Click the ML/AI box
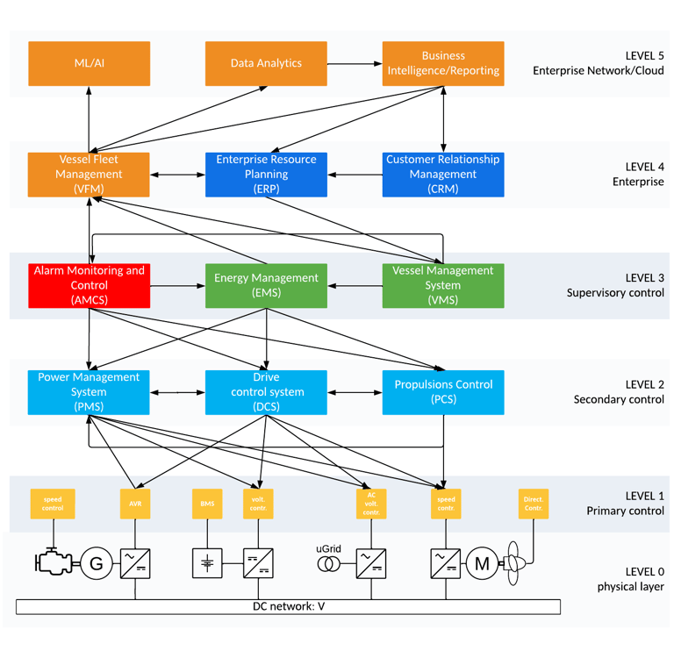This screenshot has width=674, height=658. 89,63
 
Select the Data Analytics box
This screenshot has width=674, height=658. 266,63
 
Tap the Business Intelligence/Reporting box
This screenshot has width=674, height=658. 443,63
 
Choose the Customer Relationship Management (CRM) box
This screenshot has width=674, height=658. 443,174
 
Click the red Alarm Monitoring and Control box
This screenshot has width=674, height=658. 89,285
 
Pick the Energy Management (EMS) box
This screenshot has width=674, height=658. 266,285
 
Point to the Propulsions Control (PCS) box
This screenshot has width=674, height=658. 443,391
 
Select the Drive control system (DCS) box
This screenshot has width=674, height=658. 266,391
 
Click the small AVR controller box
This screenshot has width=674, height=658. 135,504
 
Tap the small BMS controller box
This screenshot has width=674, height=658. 207,504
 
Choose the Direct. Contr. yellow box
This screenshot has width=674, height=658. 534,504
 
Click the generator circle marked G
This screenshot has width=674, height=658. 97,563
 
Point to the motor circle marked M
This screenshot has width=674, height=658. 481,563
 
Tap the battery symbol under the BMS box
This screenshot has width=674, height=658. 207,563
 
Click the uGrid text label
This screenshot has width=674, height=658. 327,549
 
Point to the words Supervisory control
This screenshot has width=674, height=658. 615,292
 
